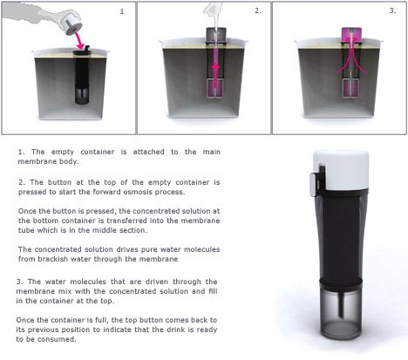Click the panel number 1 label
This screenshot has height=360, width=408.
[x=123, y=11]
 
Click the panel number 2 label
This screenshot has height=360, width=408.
[x=258, y=10]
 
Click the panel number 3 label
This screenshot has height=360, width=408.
[x=392, y=10]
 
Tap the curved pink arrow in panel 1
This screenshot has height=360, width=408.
[x=78, y=40]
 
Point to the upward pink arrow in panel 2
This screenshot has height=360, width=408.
[x=215, y=76]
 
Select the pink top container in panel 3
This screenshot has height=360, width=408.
[x=351, y=36]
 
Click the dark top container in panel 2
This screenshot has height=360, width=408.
[x=216, y=35]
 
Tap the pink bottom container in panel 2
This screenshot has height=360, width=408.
[x=215, y=89]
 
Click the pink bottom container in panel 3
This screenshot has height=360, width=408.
[x=350, y=88]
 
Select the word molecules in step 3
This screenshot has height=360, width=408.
[x=88, y=282]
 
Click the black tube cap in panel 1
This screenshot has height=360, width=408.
[x=82, y=51]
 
